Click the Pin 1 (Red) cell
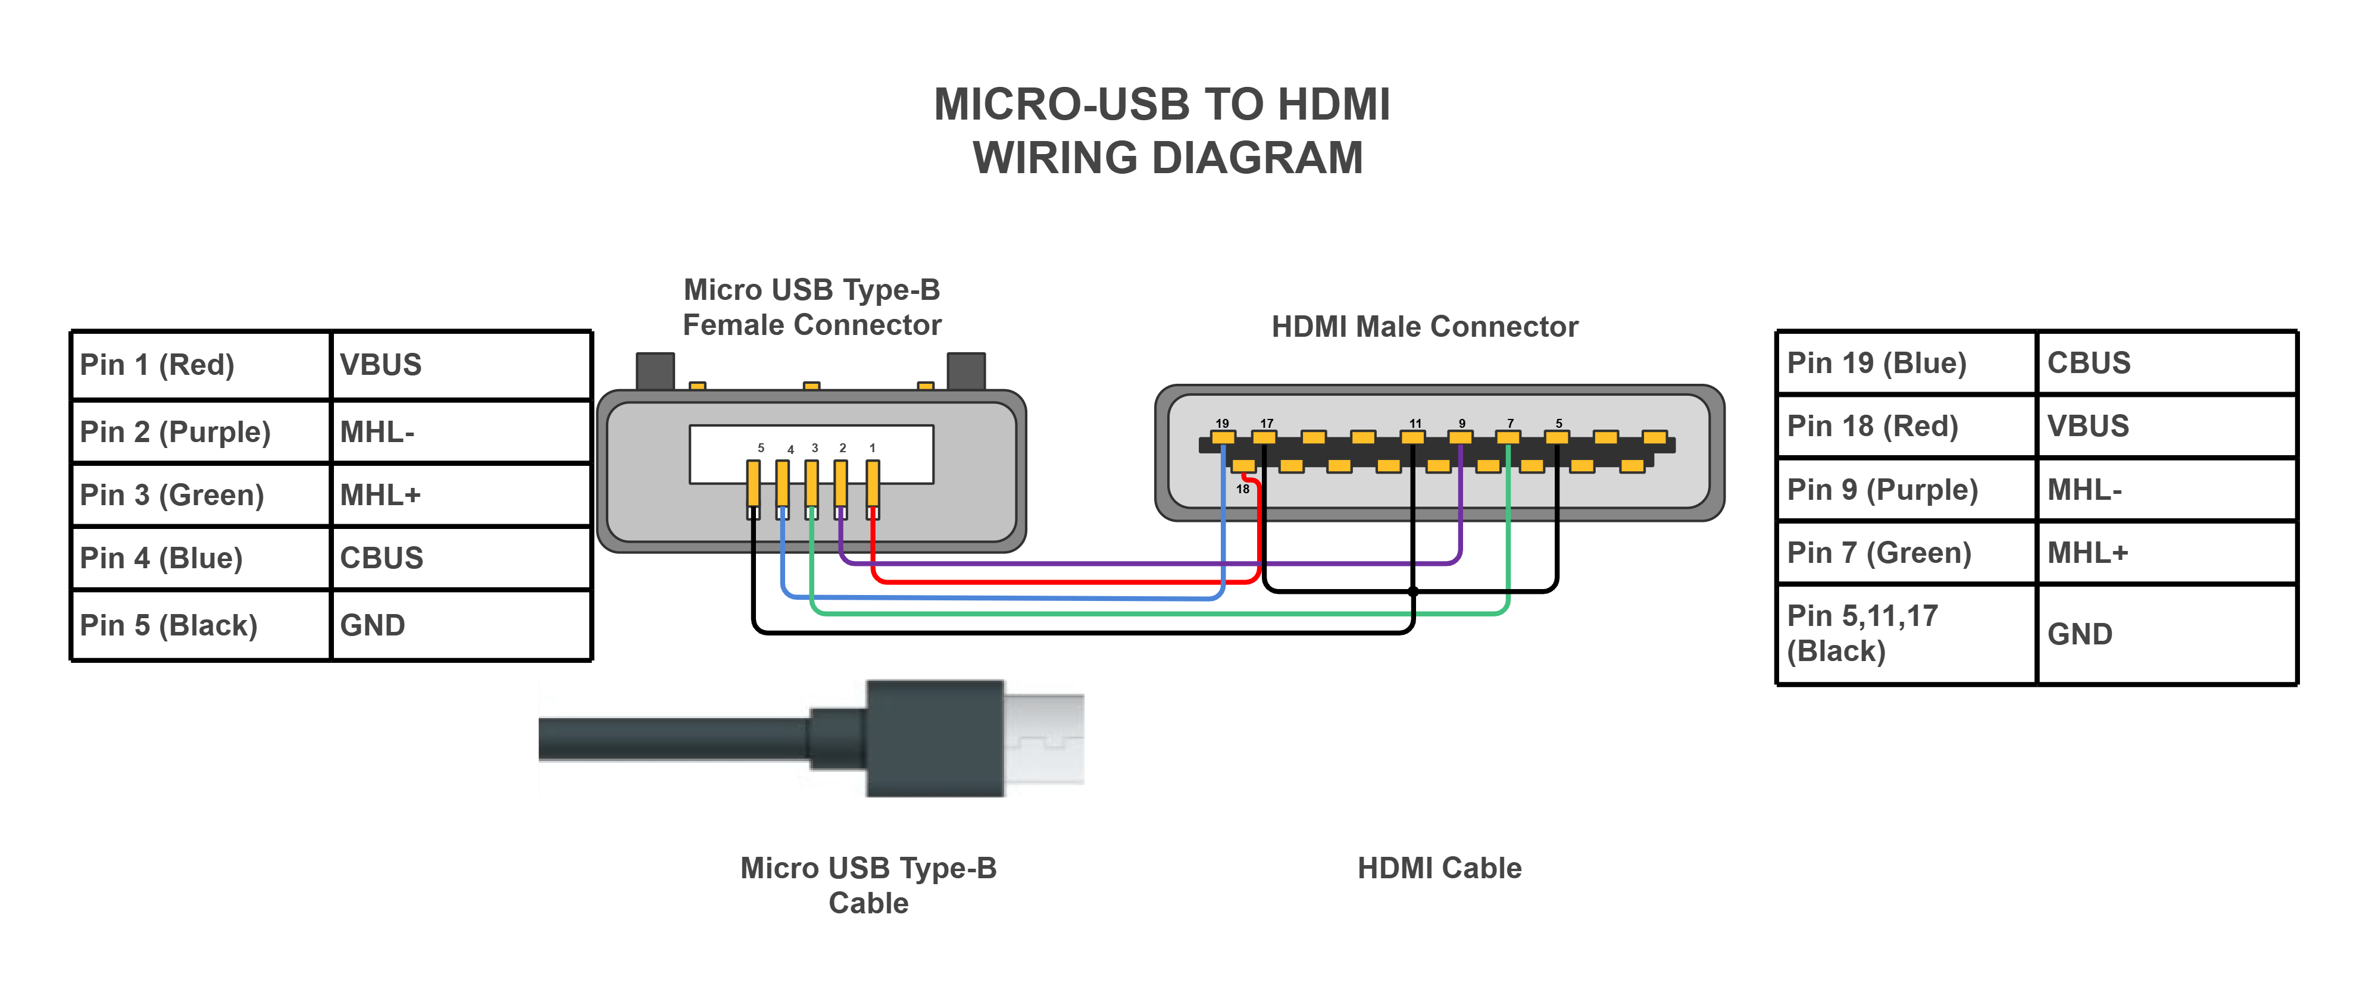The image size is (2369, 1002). [201, 365]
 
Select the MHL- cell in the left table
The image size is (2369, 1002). [460, 431]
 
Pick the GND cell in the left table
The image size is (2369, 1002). [460, 625]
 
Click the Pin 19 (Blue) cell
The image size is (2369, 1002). [1905, 363]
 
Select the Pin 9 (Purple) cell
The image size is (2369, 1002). [1905, 490]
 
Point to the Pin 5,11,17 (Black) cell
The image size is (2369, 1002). [1905, 633]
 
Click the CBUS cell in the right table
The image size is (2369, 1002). [2166, 363]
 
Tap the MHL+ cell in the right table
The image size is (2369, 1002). [2166, 553]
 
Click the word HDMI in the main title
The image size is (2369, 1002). [1333, 105]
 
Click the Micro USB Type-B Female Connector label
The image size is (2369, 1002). [811, 307]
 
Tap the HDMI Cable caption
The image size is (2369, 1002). [1439, 868]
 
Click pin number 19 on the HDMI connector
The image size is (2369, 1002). [1222, 424]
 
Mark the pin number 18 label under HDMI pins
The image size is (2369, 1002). [1242, 489]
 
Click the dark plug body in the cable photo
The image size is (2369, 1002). [933, 738]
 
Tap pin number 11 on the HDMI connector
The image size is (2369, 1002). [1415, 424]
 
